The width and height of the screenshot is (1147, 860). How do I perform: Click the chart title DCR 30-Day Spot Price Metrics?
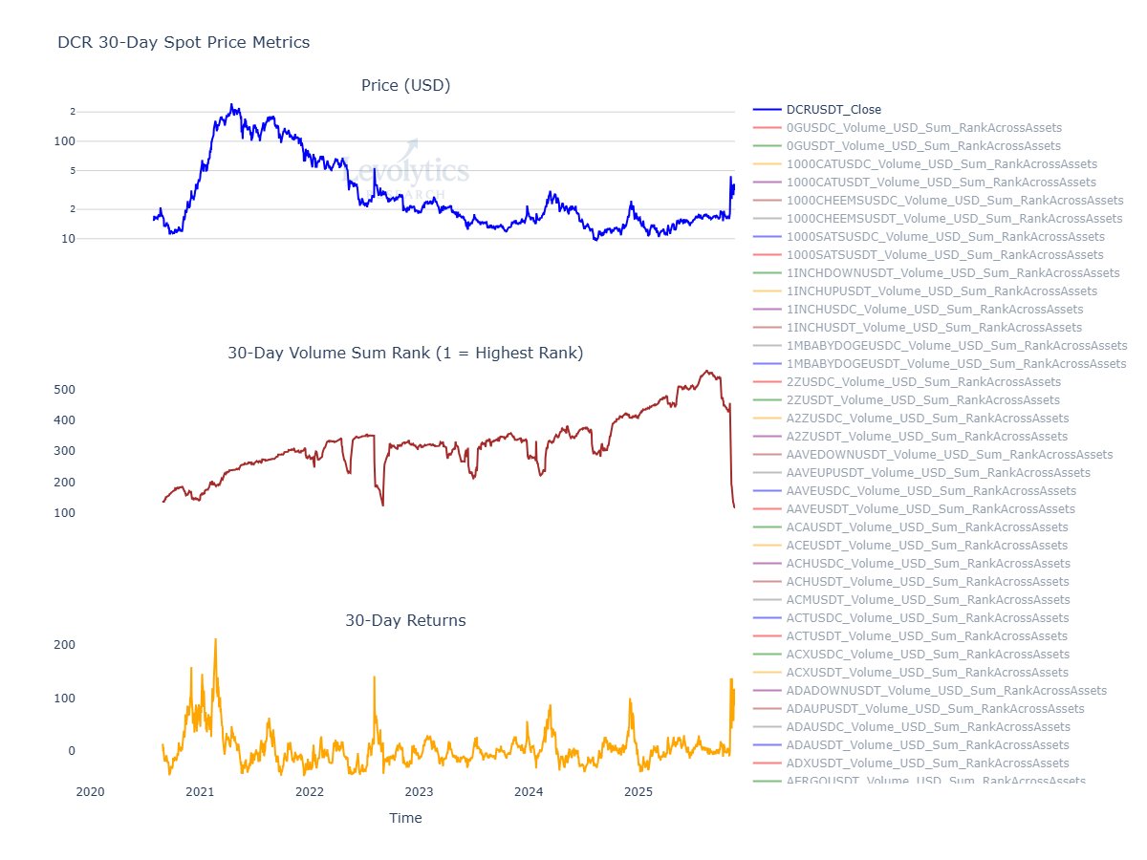click(184, 42)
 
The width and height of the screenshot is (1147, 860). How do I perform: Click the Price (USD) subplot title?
click(405, 86)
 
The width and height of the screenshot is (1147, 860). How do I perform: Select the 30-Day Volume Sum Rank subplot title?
click(405, 354)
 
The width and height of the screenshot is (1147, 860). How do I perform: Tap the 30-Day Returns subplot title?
click(405, 621)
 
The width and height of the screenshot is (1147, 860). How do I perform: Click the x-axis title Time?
click(405, 818)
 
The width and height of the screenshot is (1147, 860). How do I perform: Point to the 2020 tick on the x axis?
click(90, 791)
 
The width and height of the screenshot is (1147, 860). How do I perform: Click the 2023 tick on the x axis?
click(419, 791)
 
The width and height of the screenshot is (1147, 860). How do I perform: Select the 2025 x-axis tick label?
click(638, 791)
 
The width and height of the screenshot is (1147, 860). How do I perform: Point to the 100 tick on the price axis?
click(63, 141)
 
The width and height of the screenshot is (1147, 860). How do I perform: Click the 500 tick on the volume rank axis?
click(63, 390)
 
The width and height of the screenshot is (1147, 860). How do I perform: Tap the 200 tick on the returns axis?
click(63, 645)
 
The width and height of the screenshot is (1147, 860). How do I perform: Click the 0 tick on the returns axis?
click(70, 751)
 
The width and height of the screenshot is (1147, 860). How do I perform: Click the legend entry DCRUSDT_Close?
click(833, 110)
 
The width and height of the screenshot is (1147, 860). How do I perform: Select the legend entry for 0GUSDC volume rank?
click(923, 128)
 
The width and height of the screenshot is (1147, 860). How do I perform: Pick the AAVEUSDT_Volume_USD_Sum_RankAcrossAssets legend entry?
click(930, 509)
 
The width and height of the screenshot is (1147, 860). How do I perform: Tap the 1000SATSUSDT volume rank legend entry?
click(944, 255)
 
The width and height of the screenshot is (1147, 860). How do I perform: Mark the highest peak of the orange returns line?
click(215, 639)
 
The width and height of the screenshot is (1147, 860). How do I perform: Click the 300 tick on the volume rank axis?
click(63, 451)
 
